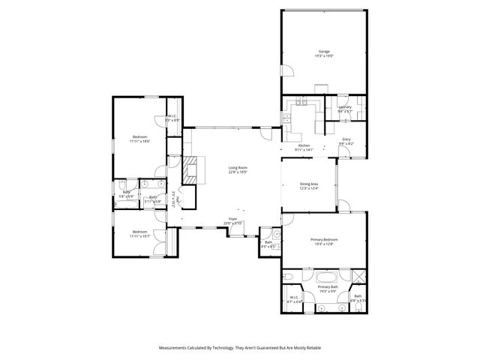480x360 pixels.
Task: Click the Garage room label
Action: click(324, 52)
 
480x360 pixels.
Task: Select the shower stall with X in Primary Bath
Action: click(358, 275)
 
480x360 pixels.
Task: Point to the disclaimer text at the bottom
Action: click(240, 348)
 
